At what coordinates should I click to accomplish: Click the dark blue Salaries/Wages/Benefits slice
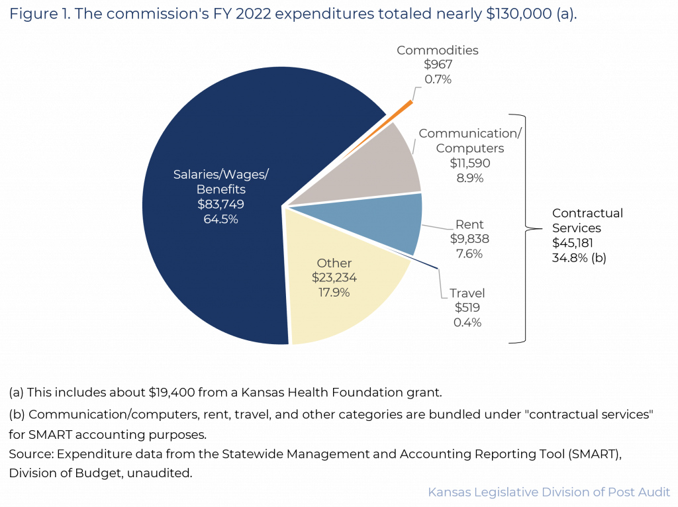click(199, 265)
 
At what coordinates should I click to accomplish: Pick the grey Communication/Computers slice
click(377, 165)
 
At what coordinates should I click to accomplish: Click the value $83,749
click(221, 204)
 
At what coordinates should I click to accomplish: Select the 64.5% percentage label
click(221, 218)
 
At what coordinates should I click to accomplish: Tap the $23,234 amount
click(334, 277)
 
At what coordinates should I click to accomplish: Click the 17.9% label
click(334, 292)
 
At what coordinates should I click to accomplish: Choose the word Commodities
click(437, 50)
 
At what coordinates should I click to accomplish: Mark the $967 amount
click(437, 65)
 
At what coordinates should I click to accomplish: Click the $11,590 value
click(469, 163)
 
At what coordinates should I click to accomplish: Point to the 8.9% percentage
click(469, 177)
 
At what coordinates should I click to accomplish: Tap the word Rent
click(469, 225)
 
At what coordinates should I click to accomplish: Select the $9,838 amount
click(469, 240)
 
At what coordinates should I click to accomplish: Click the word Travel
click(467, 293)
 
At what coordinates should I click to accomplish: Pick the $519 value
click(467, 308)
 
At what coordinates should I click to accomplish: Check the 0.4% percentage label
click(467, 322)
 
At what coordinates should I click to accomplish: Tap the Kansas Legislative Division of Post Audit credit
click(550, 492)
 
